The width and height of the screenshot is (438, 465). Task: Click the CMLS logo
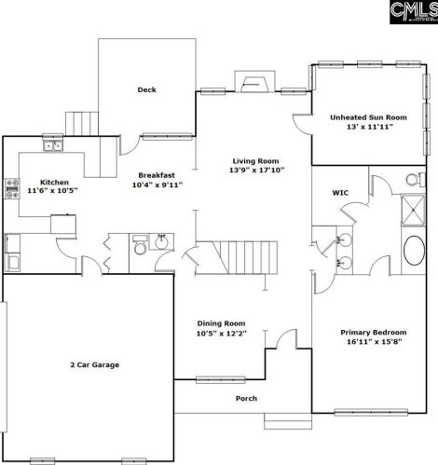[x=414, y=12]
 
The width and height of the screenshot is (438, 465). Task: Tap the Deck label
[x=146, y=89]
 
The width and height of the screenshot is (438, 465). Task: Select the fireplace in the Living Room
[x=255, y=82]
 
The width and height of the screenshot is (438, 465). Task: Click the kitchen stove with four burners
[x=12, y=188]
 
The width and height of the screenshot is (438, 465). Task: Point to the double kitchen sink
[x=53, y=145]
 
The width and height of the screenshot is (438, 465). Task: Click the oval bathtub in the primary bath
[x=414, y=251]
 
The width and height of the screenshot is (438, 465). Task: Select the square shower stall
[x=413, y=210]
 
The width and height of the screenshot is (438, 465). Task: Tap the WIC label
[x=340, y=193]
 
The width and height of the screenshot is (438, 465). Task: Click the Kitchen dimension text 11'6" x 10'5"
[x=52, y=191]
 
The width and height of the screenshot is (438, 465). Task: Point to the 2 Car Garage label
[x=95, y=364]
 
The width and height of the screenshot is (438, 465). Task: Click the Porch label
[x=246, y=398]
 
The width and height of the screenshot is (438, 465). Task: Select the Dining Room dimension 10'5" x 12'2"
[x=221, y=334]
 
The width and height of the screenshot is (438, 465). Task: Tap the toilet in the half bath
[x=140, y=245]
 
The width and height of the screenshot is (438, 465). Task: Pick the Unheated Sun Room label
[x=368, y=117]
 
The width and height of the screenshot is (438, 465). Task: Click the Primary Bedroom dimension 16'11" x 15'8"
[x=375, y=342]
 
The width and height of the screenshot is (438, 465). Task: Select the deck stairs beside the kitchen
[x=82, y=124]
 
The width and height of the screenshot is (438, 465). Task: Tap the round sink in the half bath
[x=161, y=242]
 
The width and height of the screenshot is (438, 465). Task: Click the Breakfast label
[x=157, y=175]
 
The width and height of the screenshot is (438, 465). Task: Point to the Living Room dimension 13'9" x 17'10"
[x=257, y=170]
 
